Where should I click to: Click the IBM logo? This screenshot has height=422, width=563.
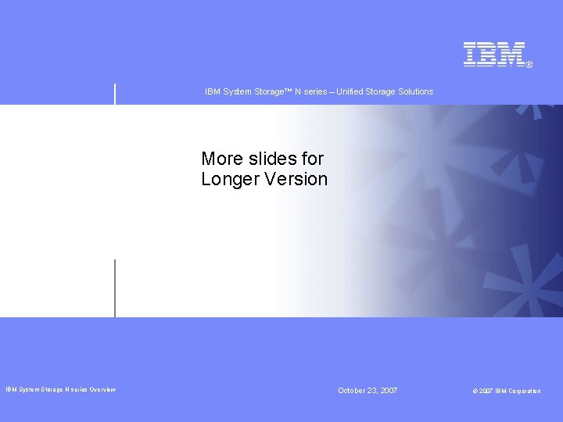493,54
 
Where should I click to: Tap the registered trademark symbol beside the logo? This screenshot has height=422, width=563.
529,65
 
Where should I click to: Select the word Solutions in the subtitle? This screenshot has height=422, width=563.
414,92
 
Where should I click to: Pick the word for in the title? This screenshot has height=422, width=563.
313,159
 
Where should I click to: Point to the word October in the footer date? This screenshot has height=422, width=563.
353,390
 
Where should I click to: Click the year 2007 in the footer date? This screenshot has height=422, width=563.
389,390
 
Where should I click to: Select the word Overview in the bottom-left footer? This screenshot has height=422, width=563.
102,390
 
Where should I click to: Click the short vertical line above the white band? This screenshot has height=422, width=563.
115,93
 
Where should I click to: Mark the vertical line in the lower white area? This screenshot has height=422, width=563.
115,288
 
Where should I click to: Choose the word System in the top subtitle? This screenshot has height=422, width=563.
236,92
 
